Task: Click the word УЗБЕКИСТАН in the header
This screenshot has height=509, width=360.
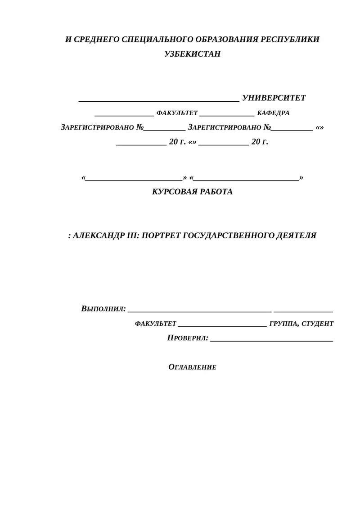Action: pyautogui.click(x=193, y=54)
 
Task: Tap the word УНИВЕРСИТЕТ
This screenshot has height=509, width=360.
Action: pyautogui.click(x=274, y=98)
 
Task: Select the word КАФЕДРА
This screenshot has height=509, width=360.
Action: pyautogui.click(x=273, y=113)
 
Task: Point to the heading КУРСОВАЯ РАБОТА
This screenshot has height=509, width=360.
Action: pyautogui.click(x=192, y=192)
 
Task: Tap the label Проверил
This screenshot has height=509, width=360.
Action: pyautogui.click(x=188, y=338)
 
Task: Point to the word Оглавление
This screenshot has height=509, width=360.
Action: pyautogui.click(x=192, y=367)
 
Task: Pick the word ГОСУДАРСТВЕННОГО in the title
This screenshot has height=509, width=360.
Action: pyautogui.click(x=224, y=235)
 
